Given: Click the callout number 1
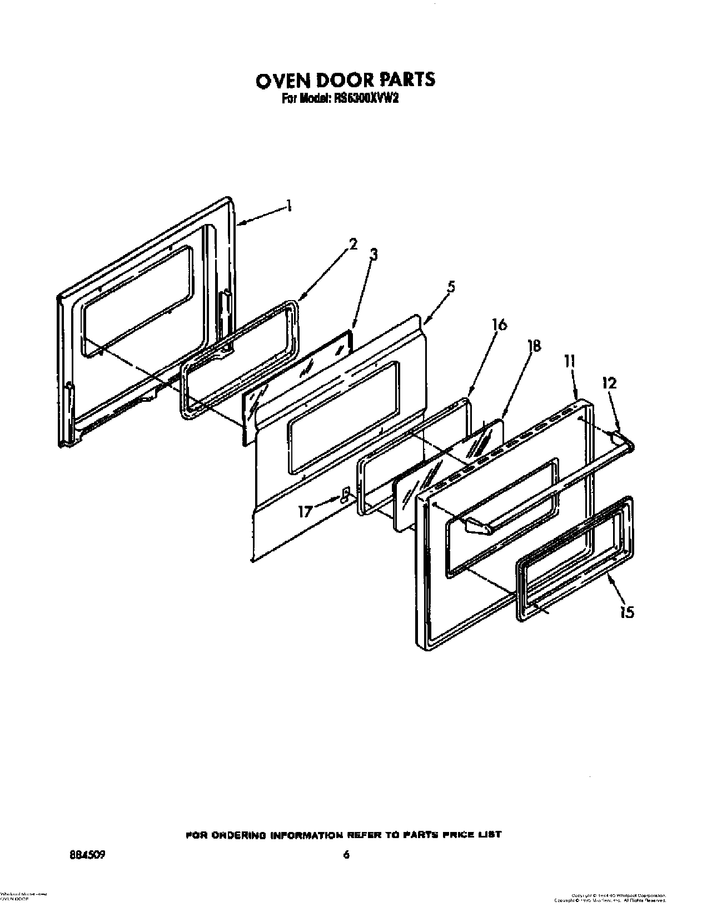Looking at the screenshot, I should [288, 207].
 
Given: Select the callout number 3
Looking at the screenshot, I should [374, 255].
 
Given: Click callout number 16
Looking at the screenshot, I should [499, 324].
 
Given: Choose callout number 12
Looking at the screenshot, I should [609, 383].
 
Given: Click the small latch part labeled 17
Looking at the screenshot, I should [345, 495].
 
